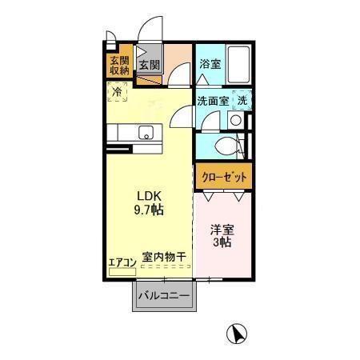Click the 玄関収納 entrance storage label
[x=120, y=65]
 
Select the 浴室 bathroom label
[x=210, y=63]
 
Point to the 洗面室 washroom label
[x=213, y=102]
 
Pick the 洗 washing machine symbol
[x=242, y=101]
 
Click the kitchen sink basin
[x=146, y=132]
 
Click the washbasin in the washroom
[x=234, y=119]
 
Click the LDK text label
[x=148, y=195]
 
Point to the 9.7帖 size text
[x=148, y=210]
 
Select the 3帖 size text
[x=222, y=243]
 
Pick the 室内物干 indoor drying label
[x=164, y=258]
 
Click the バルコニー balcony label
[x=164, y=296]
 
